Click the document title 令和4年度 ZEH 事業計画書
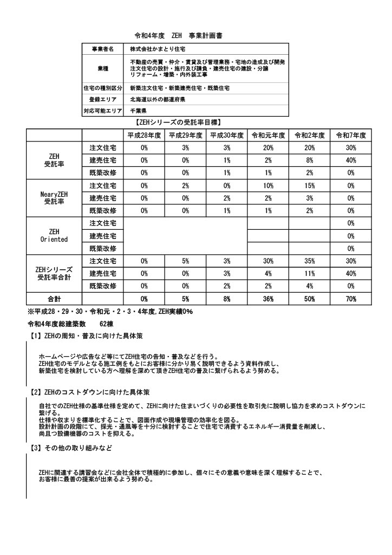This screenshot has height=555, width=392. click(179, 36)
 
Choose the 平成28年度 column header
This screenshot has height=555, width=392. click(144, 135)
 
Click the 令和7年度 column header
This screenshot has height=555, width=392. click(351, 135)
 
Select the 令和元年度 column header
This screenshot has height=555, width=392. click(267, 135)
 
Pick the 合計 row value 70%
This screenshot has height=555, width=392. click(351, 299)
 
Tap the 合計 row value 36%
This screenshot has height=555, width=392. click(267, 299)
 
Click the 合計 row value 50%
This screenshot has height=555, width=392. click(309, 299)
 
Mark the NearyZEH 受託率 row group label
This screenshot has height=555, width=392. click(54, 198)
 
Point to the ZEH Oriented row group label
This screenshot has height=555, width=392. click(54, 235)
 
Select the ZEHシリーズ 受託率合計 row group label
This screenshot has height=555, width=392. click(54, 273)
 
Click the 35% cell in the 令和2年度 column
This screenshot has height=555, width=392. click(309, 261)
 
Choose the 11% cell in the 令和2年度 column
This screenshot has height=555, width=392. click(309, 273)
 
